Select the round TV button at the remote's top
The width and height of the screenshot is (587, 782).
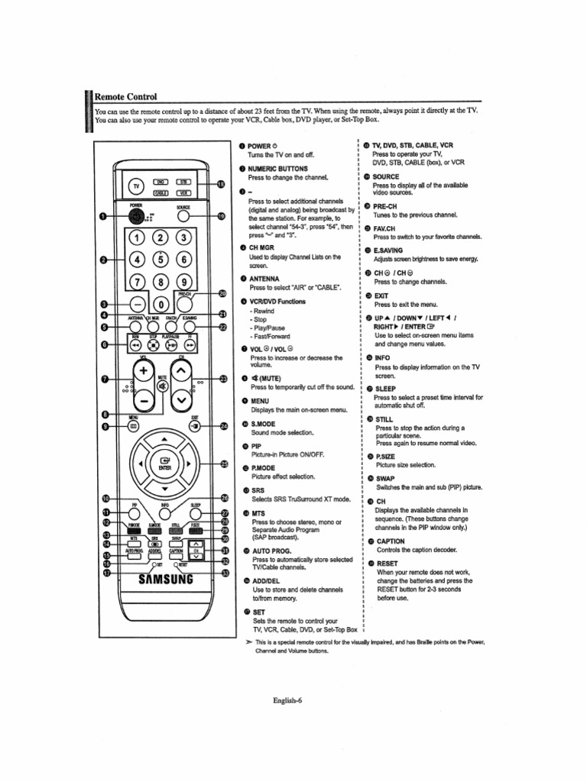136,186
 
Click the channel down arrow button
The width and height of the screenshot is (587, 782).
182,399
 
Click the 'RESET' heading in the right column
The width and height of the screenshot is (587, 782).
388,564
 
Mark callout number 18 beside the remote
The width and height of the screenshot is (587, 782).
222,184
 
